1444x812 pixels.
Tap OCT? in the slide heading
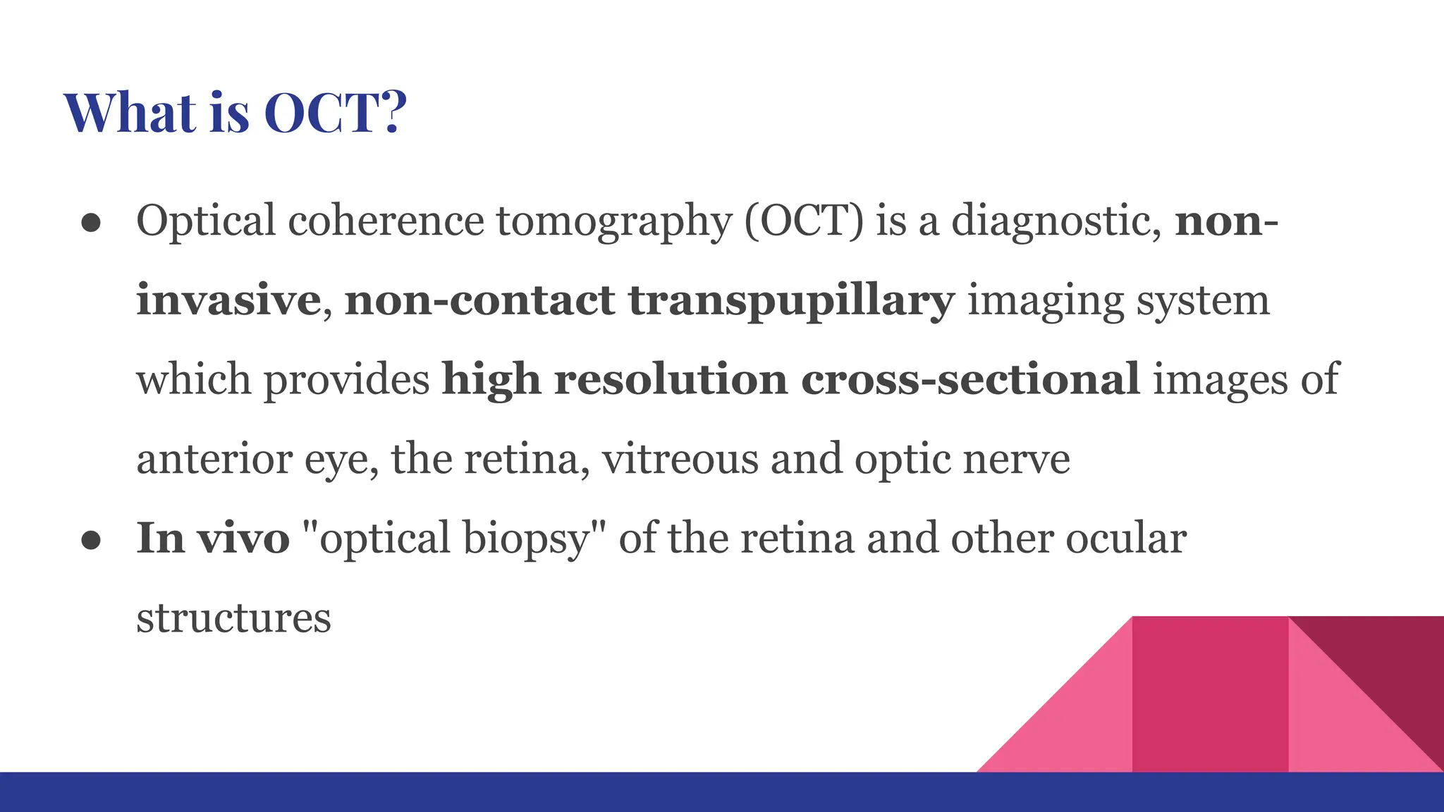336,113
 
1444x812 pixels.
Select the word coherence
386,221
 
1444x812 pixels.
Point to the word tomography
614,222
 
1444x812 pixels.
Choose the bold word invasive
228,300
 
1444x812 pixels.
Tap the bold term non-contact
479,300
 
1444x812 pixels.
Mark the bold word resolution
671,379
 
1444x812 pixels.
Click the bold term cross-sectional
970,379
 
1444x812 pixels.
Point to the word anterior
214,459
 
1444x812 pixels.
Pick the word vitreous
680,459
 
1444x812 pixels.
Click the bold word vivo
243,538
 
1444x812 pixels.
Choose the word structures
233,618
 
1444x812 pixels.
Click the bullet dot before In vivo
92,540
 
